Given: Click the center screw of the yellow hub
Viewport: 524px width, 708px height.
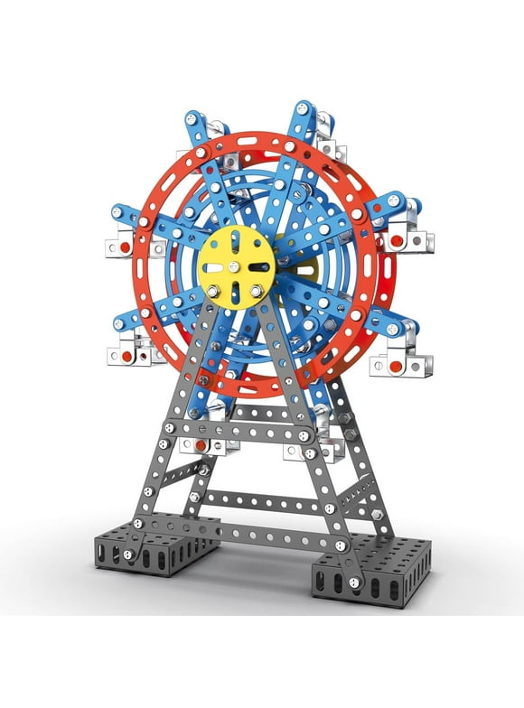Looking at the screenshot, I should (236, 267).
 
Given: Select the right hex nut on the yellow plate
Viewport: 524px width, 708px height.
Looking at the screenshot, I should (256, 290).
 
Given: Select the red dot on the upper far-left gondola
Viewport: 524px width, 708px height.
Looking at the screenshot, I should (120, 246).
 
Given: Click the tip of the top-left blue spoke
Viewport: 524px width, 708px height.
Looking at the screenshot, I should (192, 120).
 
